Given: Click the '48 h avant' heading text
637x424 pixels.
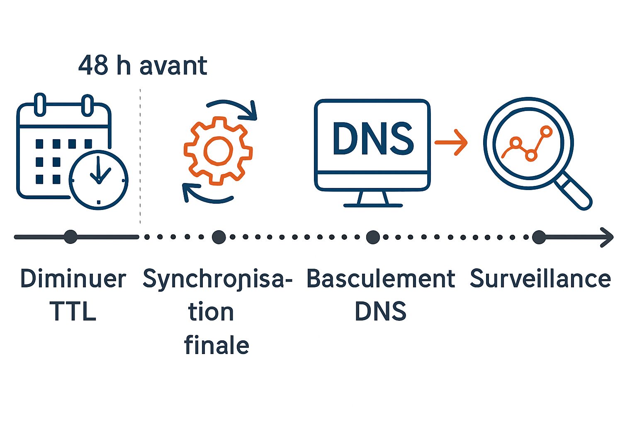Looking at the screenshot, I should [x=143, y=65].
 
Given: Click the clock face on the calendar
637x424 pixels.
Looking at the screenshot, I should [x=99, y=180].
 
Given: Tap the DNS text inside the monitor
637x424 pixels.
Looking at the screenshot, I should [x=372, y=139].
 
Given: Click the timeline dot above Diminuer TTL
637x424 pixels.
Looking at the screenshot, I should [x=71, y=237].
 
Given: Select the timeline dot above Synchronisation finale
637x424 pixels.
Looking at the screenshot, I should [x=219, y=237].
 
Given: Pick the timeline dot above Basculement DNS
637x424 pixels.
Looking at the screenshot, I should [x=373, y=237].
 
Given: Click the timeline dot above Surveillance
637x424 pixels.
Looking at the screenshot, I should [x=539, y=237].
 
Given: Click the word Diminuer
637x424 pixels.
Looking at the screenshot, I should [x=73, y=279].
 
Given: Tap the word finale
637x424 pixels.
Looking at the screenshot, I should [x=216, y=345].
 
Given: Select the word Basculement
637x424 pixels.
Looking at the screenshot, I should [x=380, y=279].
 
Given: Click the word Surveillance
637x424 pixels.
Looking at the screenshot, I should [x=540, y=279].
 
